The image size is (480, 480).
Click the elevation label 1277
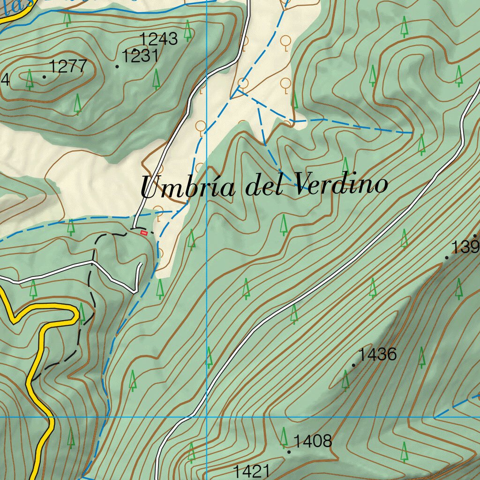pos(68,67)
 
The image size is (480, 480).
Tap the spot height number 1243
pos(159,38)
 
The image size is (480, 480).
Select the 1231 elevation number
pos(140,56)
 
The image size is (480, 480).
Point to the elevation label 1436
pos(377,354)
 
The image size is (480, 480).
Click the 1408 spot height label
pos(313,441)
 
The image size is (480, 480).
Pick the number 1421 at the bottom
pos(252,471)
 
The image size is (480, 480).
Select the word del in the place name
pos(264,186)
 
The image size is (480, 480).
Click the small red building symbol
pos(144,232)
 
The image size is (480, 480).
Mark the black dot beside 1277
pos(45,77)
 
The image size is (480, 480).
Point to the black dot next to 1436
pos(353,365)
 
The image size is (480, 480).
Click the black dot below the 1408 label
pos(289,452)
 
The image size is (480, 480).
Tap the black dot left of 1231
pos(117,67)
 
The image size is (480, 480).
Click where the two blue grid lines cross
pos(207,416)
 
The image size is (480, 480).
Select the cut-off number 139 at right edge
pos(465,247)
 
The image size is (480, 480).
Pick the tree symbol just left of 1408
pos(284,437)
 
